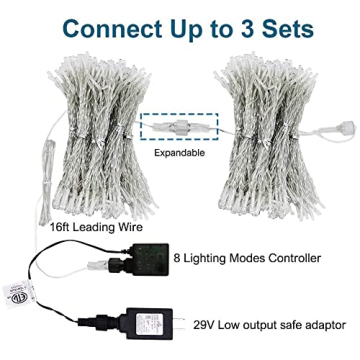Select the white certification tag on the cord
(x=18, y=298)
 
